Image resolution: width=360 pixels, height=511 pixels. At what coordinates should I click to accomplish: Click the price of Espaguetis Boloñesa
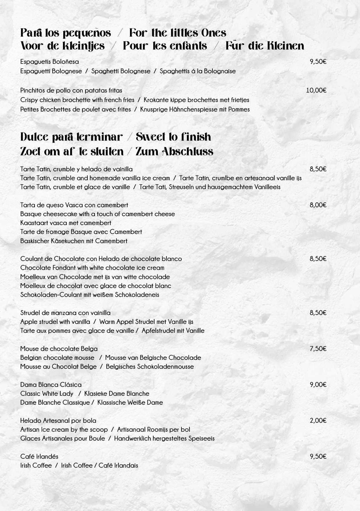[x=318, y=62]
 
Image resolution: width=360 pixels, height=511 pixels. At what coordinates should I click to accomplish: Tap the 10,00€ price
[x=316, y=91]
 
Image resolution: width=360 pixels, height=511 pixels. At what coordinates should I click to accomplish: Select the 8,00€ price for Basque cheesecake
[x=318, y=205]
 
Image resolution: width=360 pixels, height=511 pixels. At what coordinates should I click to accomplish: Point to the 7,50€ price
[x=318, y=349]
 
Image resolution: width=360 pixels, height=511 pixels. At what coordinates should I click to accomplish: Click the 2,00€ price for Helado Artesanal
[x=318, y=420]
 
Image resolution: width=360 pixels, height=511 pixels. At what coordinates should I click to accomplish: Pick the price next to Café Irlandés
[x=318, y=456]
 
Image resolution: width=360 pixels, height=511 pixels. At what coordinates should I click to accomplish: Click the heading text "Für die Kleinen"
[x=265, y=46]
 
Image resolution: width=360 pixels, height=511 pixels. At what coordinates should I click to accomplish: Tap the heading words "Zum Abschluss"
[x=174, y=151]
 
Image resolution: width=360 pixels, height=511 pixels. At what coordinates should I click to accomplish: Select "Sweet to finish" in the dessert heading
[x=173, y=137]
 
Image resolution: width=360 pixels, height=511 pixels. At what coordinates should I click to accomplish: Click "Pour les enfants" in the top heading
[x=165, y=46]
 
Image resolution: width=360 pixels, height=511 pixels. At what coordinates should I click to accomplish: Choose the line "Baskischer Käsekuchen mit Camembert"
[x=74, y=241]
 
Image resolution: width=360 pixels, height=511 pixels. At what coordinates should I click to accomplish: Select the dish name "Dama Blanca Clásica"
[x=51, y=385]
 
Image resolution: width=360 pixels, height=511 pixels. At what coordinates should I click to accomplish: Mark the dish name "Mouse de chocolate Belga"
[x=59, y=349]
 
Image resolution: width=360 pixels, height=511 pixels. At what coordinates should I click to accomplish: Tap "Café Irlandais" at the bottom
[x=118, y=465]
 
